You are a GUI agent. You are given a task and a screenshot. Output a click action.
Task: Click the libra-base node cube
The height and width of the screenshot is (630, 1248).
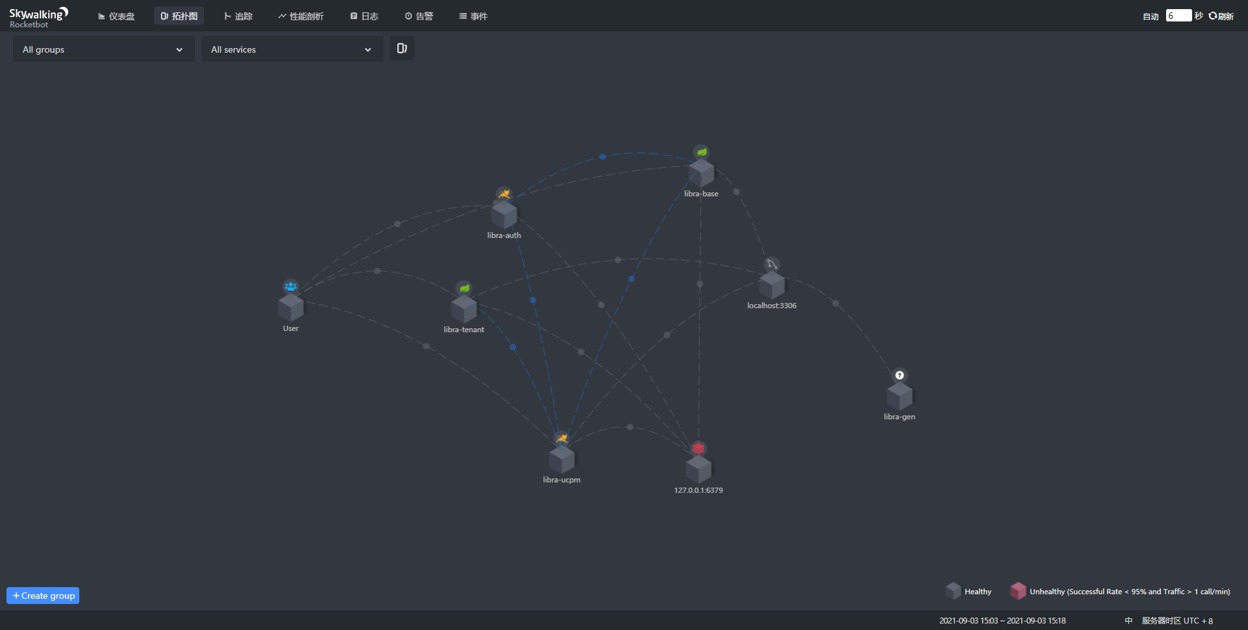(x=701, y=173)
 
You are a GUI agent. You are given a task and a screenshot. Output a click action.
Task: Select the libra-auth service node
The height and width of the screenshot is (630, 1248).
(x=504, y=215)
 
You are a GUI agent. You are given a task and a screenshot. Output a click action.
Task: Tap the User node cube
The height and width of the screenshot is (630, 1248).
(x=291, y=308)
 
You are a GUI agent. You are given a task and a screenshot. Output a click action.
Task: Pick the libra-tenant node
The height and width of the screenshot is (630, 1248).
(x=463, y=309)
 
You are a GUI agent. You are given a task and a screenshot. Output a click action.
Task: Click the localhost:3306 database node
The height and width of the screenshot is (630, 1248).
(x=772, y=285)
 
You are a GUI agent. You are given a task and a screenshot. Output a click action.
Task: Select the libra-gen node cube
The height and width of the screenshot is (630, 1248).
(x=899, y=396)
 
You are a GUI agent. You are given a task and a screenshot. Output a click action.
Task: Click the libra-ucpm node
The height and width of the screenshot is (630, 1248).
(x=562, y=459)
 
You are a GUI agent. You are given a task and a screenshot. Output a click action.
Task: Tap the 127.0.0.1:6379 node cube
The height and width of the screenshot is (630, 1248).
(x=698, y=469)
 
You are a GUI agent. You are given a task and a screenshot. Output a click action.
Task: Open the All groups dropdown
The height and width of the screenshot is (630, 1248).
(x=103, y=49)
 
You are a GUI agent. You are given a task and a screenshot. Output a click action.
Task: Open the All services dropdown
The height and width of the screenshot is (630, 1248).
(x=292, y=49)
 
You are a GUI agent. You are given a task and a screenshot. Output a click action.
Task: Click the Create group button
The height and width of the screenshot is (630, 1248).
(x=43, y=596)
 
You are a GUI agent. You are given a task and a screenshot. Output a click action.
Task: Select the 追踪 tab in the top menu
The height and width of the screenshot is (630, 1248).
(x=238, y=16)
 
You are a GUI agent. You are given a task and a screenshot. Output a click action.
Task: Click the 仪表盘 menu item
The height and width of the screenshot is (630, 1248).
(x=116, y=16)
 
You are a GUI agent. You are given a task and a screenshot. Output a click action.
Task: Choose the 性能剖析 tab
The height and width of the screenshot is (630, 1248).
(x=301, y=16)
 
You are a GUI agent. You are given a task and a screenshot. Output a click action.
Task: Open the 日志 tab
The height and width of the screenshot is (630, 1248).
(x=364, y=16)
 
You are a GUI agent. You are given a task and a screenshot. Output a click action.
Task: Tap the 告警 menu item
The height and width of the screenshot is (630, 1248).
(x=419, y=16)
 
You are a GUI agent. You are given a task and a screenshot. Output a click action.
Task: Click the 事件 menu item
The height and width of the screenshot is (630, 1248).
(x=473, y=16)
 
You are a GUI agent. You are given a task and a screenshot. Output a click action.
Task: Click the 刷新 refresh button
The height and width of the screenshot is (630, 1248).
(x=1221, y=16)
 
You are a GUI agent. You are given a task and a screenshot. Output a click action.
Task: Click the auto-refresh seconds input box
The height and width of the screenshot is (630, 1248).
(x=1178, y=16)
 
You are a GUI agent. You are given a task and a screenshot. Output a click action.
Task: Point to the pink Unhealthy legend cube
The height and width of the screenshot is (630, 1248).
(x=1018, y=590)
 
